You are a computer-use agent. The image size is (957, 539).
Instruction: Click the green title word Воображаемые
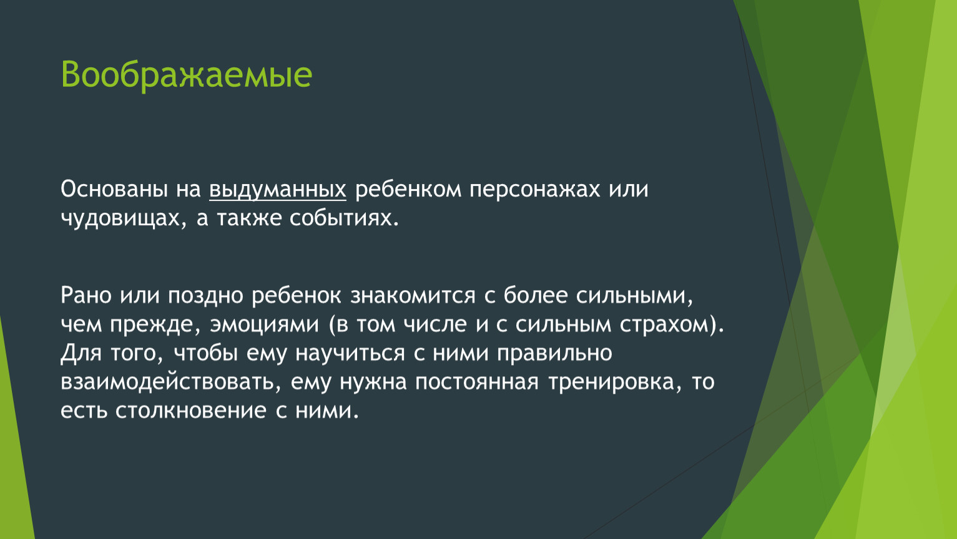tap(187, 75)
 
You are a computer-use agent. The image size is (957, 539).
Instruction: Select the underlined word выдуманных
tap(278, 190)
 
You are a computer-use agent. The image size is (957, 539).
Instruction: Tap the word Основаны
tap(114, 189)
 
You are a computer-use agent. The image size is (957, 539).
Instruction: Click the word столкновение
tap(190, 411)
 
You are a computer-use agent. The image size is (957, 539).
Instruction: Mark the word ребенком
tap(408, 190)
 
